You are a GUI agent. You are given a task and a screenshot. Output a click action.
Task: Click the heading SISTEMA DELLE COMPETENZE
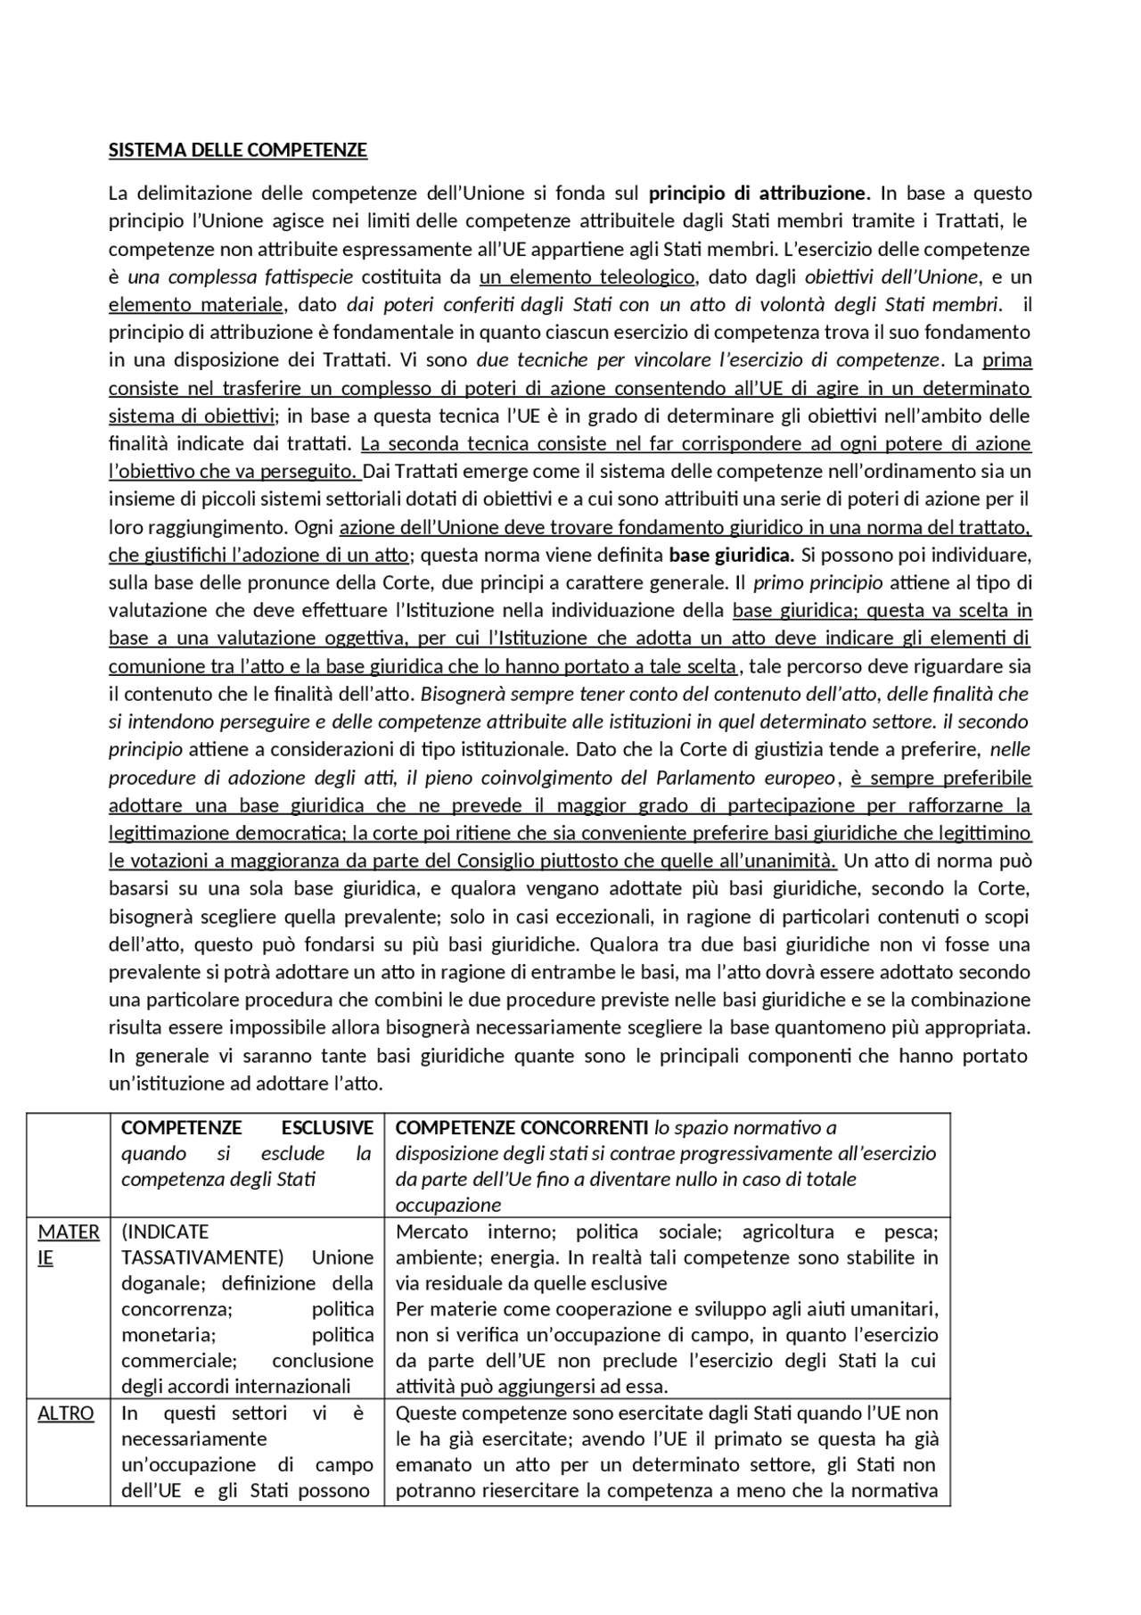[237, 150]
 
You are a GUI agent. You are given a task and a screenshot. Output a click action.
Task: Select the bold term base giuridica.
[731, 555]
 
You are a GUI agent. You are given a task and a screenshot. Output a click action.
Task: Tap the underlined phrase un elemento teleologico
[587, 276]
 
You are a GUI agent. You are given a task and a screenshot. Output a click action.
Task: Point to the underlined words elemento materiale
[196, 304]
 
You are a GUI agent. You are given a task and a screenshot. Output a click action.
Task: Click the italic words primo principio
[817, 582]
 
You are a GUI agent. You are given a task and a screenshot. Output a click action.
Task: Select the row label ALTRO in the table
[65, 1413]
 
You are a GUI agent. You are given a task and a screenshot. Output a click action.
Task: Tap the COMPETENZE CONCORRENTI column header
[521, 1127]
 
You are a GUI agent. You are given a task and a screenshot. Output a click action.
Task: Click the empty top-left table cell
[69, 1164]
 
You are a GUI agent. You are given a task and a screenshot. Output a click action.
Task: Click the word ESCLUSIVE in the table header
[327, 1127]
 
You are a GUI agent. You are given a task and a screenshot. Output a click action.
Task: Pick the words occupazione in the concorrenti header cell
[447, 1205]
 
